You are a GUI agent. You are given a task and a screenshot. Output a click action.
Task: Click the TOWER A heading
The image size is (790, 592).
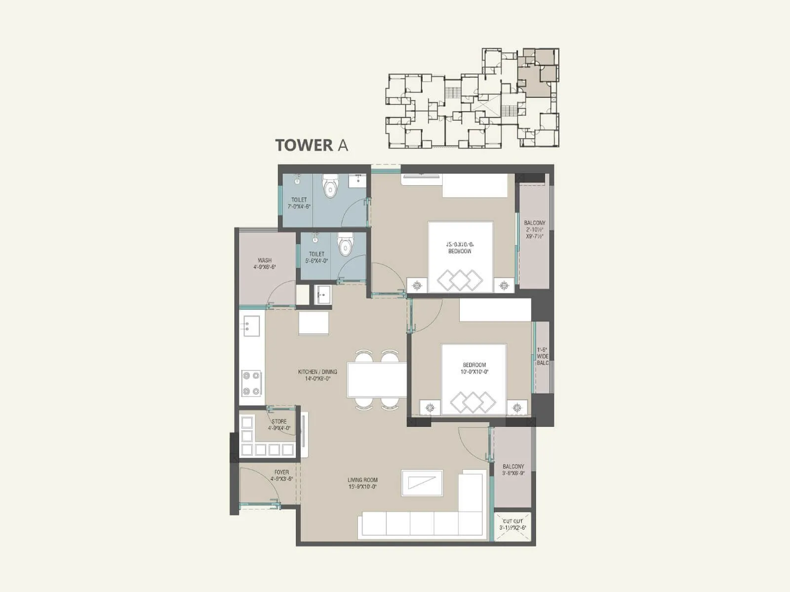(312, 145)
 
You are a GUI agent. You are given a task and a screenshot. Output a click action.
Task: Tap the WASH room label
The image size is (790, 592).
(265, 263)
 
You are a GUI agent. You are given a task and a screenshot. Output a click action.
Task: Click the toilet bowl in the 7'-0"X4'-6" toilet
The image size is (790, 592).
(330, 187)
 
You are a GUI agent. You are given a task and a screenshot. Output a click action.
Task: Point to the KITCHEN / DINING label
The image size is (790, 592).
(317, 375)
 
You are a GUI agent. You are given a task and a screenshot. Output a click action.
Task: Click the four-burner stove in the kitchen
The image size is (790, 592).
(251, 383)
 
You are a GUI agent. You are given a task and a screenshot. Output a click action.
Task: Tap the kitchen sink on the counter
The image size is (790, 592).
(250, 326)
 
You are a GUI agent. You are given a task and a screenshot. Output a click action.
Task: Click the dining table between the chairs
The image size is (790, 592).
(376, 380)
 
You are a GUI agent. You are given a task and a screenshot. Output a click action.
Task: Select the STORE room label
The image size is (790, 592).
(279, 425)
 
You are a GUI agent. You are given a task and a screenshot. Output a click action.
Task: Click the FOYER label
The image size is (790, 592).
(282, 475)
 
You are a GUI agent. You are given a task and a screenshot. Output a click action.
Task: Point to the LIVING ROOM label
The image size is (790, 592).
(362, 483)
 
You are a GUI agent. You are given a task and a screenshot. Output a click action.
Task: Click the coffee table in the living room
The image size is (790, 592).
(422, 482)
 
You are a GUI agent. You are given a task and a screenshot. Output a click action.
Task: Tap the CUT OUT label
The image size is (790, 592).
(513, 524)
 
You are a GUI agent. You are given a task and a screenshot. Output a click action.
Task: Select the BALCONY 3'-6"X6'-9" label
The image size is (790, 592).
(513, 470)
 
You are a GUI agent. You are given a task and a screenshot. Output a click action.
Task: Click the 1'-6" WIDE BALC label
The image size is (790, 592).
(542, 356)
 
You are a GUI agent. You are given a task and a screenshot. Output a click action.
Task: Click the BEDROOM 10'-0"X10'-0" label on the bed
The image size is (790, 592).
(474, 368)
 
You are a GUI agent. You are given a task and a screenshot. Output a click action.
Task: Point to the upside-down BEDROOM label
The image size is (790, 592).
(460, 248)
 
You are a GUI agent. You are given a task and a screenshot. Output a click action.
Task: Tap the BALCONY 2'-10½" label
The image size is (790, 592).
(535, 229)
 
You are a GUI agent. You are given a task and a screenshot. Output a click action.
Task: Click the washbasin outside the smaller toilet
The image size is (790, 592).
(322, 296)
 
